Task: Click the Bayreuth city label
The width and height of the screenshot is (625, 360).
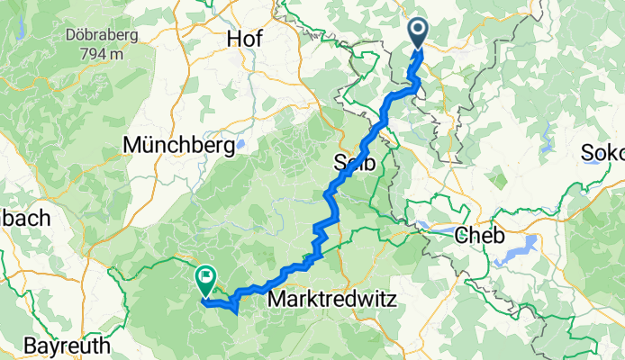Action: coord(68,346)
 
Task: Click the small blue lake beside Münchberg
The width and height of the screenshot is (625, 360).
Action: coord(240,143)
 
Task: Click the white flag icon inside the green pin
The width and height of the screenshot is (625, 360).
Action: coord(206,276)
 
